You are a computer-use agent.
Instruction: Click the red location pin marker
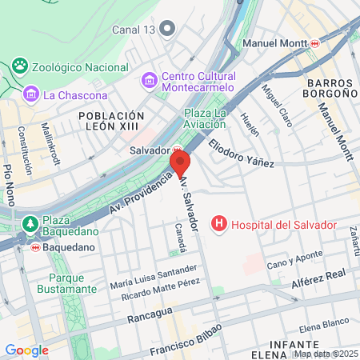pyautogui.click(x=180, y=163)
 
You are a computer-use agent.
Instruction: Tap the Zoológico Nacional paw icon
pyautogui.click(x=20, y=65)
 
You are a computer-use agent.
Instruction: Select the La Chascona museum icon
pyautogui.click(x=31, y=94)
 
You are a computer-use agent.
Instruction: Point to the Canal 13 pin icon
pyautogui.click(x=167, y=30)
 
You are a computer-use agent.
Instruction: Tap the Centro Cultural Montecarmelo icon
pyautogui.click(x=149, y=80)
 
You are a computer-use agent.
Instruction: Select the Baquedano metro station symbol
pyautogui.click(x=35, y=247)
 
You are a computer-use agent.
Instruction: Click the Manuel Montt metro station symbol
pyautogui.click(x=315, y=42)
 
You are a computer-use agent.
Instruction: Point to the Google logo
pyautogui.click(x=26, y=350)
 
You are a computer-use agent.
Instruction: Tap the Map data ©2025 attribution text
pyautogui.click(x=325, y=354)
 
